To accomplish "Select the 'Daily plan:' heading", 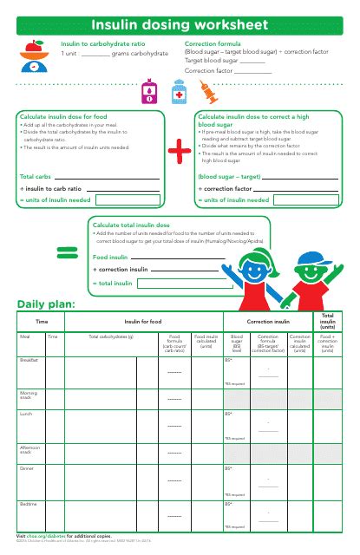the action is (x=46, y=304).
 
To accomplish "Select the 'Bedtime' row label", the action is (x=29, y=502).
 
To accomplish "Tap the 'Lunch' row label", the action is (x=25, y=414).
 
